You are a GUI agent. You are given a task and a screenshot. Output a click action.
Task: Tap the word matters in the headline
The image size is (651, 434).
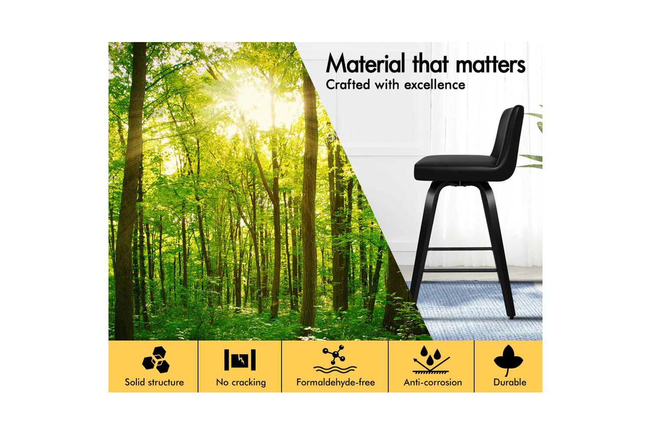pyautogui.click(x=490, y=64)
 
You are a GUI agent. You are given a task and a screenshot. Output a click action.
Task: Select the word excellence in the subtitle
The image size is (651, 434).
pyautogui.click(x=434, y=85)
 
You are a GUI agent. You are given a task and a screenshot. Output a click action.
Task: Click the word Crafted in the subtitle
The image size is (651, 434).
pyautogui.click(x=348, y=85)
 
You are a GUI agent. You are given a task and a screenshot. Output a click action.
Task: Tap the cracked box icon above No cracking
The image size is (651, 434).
pyautogui.click(x=240, y=360)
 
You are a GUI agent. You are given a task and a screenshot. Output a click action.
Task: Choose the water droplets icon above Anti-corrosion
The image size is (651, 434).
pyautogui.click(x=431, y=360)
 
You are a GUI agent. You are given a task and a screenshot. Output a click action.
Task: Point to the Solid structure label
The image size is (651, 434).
pyautogui.click(x=155, y=382)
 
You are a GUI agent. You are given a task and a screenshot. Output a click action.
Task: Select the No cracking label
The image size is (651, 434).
pyautogui.click(x=241, y=382)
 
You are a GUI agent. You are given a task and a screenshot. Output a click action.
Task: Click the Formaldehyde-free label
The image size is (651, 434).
pyautogui.click(x=335, y=382)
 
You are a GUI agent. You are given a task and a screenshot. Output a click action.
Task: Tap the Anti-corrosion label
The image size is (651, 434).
pyautogui.click(x=433, y=382)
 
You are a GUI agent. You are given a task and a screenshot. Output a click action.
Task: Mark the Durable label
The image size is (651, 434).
pyautogui.click(x=510, y=382)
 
